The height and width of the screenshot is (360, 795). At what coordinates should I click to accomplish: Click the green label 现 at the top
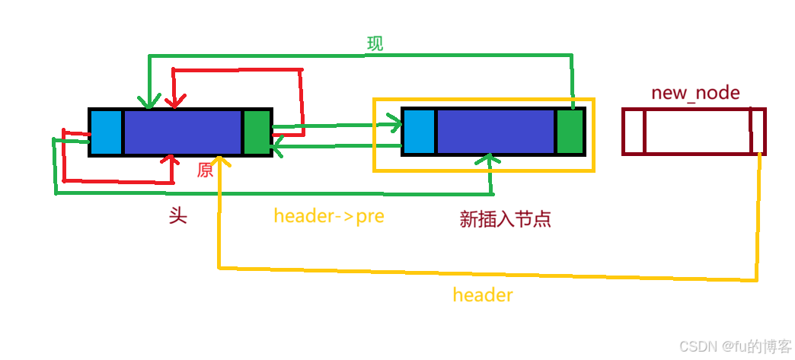pyautogui.click(x=375, y=44)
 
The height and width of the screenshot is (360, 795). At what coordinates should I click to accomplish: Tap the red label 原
pyautogui.click(x=205, y=170)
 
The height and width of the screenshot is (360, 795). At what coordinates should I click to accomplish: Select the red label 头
pyautogui.click(x=177, y=216)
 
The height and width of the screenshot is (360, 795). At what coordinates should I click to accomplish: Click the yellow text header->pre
pyautogui.click(x=329, y=216)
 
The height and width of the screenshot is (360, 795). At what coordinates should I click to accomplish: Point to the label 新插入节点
pyautogui.click(x=505, y=219)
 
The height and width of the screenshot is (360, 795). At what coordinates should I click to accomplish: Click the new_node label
pyautogui.click(x=695, y=93)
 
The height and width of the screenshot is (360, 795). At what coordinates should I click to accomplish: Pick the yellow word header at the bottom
pyautogui.click(x=483, y=295)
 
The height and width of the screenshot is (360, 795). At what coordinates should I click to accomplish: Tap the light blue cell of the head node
pyautogui.click(x=107, y=132)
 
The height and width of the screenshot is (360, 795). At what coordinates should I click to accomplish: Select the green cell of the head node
pyautogui.click(x=257, y=132)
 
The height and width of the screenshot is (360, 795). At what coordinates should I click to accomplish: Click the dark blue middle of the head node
pyautogui.click(x=182, y=132)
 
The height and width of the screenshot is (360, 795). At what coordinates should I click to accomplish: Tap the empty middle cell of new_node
pyautogui.click(x=697, y=132)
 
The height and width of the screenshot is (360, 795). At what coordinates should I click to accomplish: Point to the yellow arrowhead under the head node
pyautogui.click(x=219, y=162)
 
